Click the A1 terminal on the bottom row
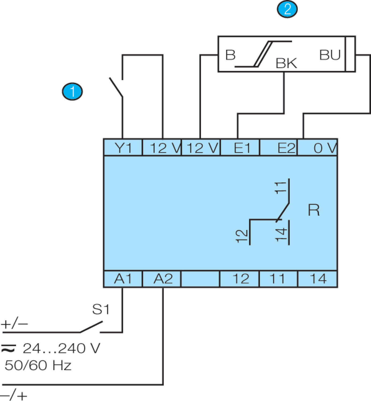(x=123, y=279)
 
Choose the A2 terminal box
(x=162, y=279)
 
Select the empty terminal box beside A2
(x=200, y=279)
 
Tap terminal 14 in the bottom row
(x=318, y=279)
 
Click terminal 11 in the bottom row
(x=278, y=279)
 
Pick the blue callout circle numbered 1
(x=72, y=92)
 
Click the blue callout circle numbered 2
(x=287, y=9)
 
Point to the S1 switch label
(x=101, y=309)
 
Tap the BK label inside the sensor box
(x=286, y=63)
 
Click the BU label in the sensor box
(x=330, y=55)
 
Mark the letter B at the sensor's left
(x=230, y=55)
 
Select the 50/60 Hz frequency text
(x=38, y=365)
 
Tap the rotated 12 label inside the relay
(x=242, y=236)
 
